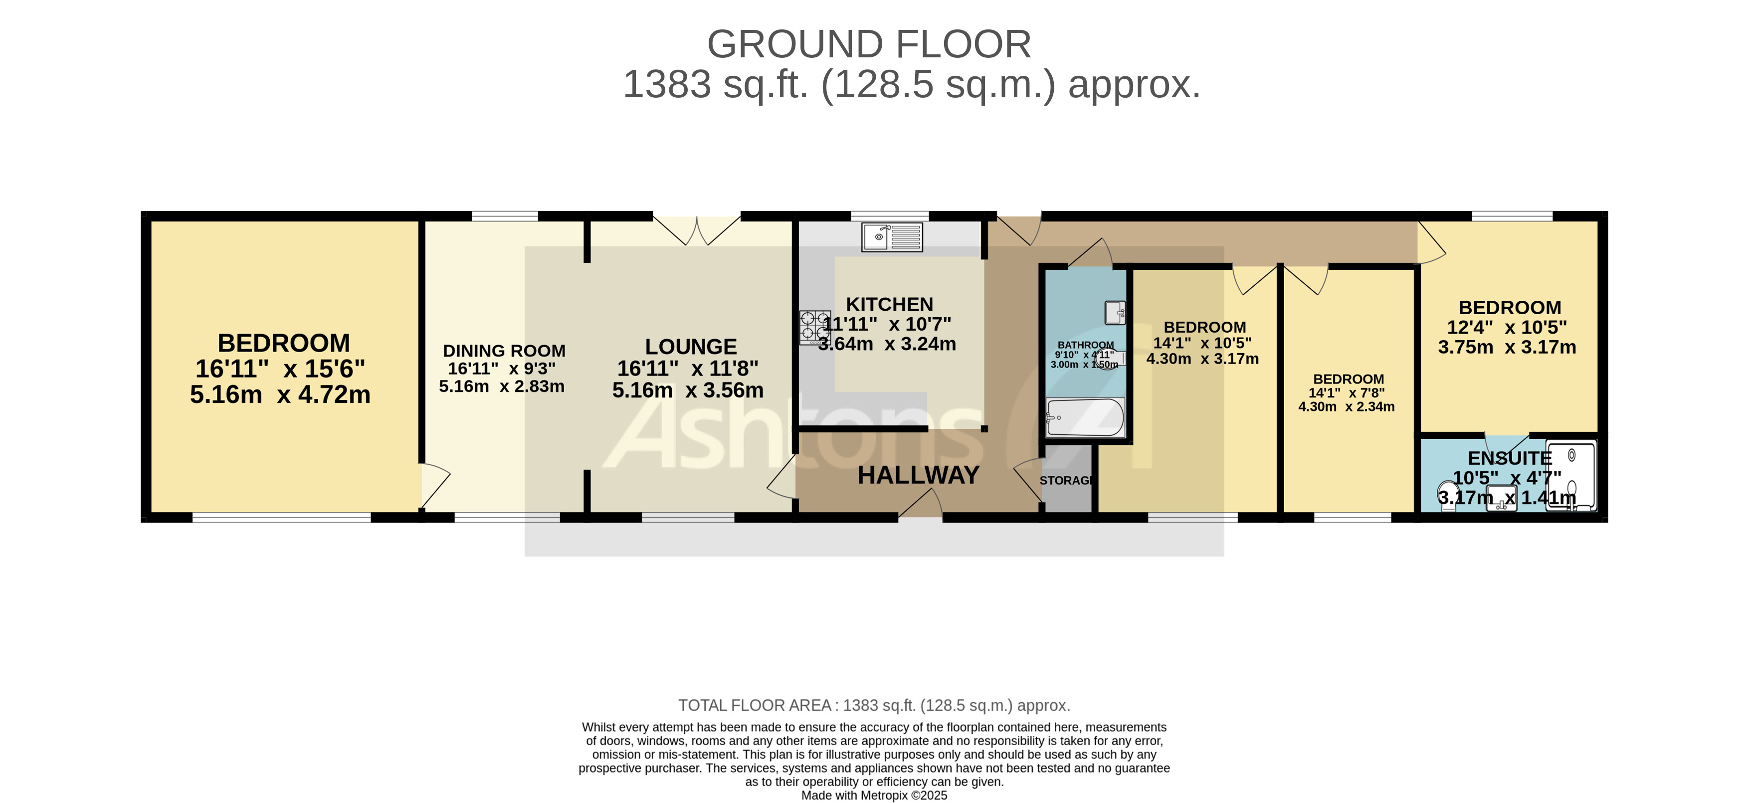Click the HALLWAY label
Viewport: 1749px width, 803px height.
click(x=918, y=475)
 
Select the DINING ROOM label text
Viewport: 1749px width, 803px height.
click(x=504, y=351)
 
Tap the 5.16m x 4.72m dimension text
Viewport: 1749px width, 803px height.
click(x=280, y=395)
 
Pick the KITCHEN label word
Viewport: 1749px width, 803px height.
click(x=889, y=304)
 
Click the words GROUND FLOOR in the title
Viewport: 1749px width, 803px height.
click(x=869, y=45)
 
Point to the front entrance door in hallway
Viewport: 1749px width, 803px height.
click(x=920, y=506)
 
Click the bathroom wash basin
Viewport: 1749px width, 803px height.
click(x=1115, y=313)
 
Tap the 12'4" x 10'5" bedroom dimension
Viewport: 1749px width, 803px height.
click(x=1507, y=327)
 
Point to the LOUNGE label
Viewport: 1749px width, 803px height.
click(x=691, y=347)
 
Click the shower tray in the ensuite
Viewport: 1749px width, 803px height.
click(x=1571, y=476)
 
